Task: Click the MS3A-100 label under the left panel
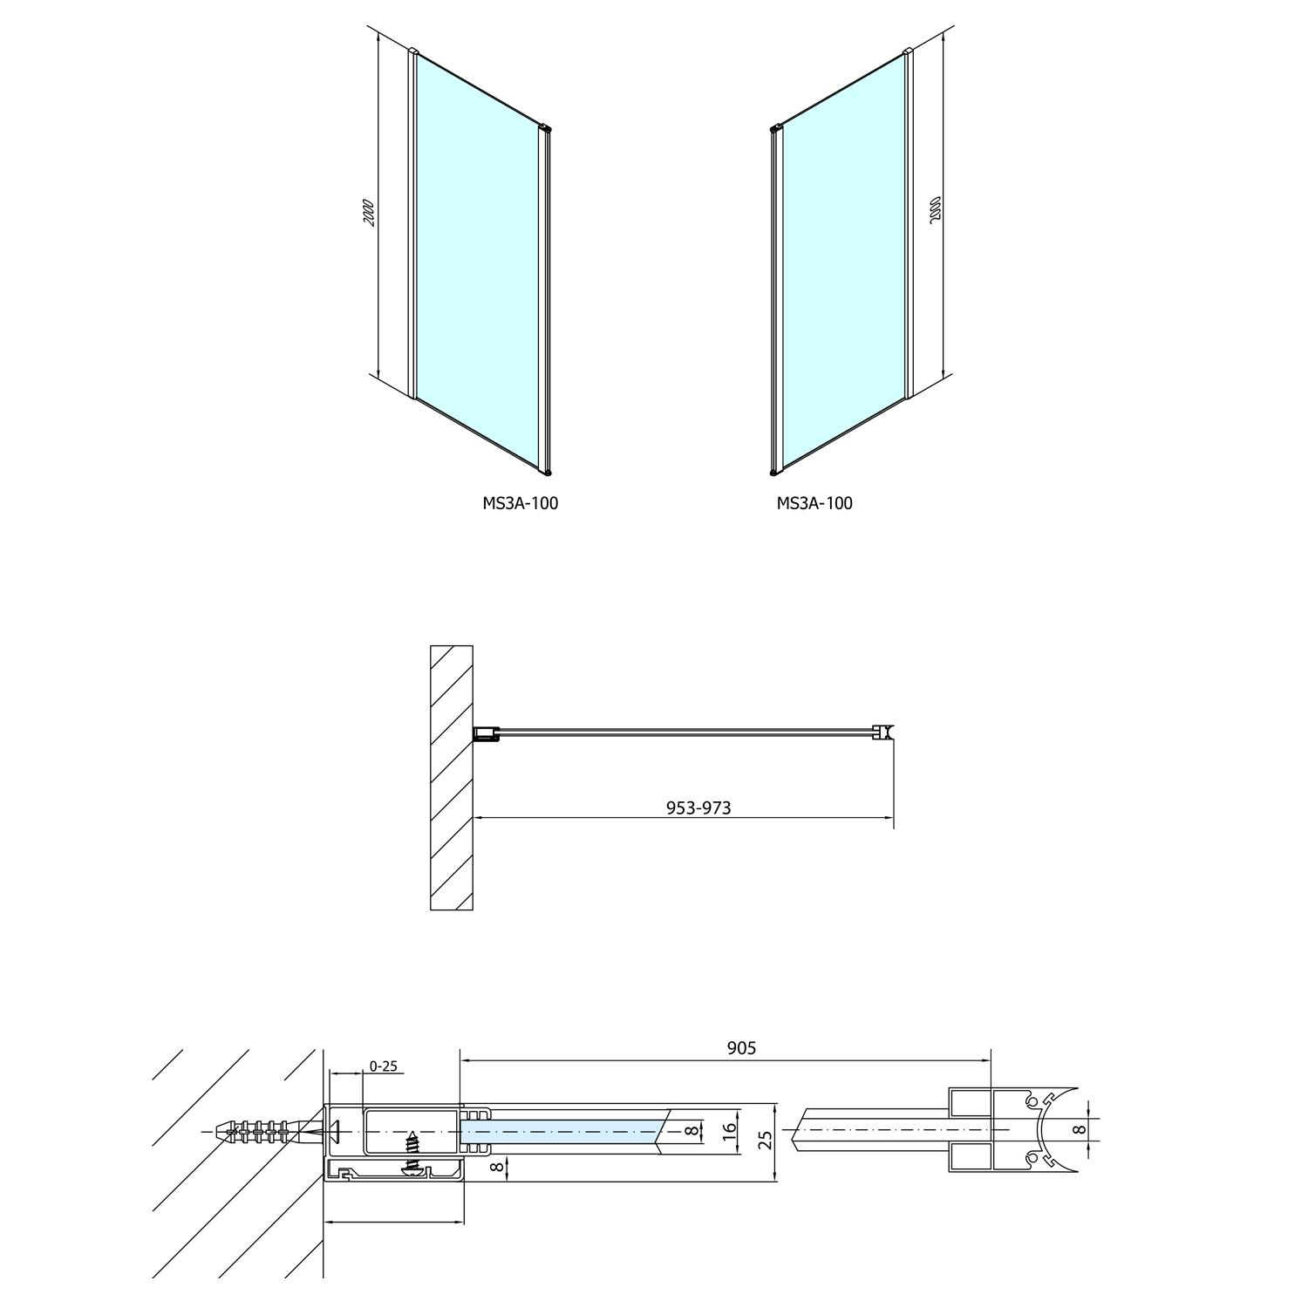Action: (520, 503)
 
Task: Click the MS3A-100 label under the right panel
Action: (814, 503)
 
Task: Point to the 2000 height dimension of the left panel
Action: (370, 214)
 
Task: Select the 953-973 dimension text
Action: (698, 807)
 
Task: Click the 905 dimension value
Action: (741, 1048)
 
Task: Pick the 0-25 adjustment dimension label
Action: (383, 1066)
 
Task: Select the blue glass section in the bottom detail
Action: (562, 1132)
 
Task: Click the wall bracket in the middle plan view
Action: (486, 737)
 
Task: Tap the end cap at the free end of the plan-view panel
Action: (886, 735)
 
